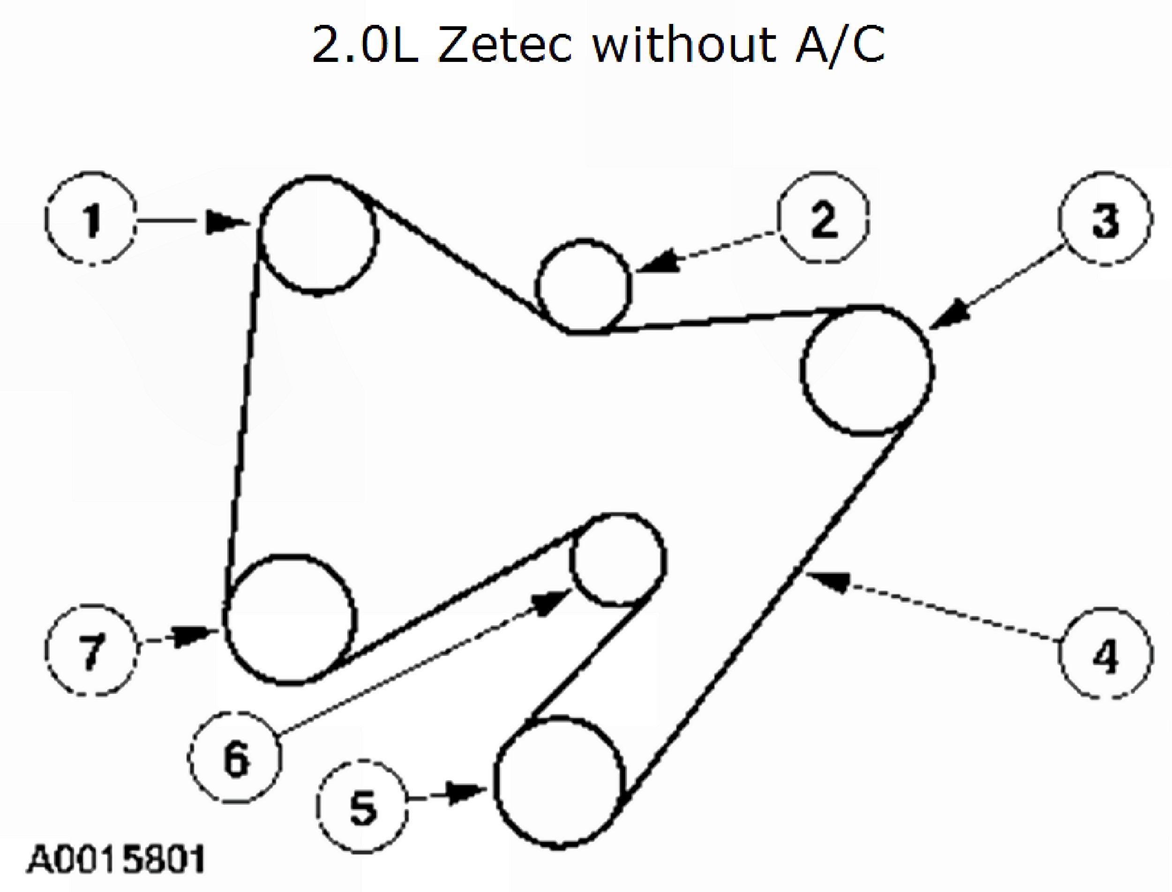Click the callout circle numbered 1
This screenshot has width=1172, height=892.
click(x=91, y=219)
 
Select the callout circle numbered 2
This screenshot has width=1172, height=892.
click(x=823, y=217)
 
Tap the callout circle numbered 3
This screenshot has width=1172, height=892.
click(x=1105, y=219)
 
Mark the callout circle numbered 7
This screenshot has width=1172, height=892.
click(x=91, y=650)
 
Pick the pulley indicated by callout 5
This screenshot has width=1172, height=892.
click(x=558, y=783)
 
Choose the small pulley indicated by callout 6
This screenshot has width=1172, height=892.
click(x=618, y=559)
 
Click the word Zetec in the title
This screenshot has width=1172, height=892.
click(x=505, y=45)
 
